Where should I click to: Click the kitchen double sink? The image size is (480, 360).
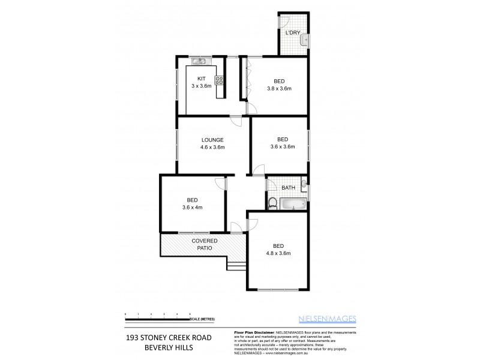coord(199,61)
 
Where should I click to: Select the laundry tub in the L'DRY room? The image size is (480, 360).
coord(304,41)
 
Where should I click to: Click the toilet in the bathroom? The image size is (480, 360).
coord(272,202)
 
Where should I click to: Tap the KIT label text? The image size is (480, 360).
coord(202,78)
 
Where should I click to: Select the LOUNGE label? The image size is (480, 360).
coord(212,140)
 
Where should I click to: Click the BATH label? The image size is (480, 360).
coord(289,188)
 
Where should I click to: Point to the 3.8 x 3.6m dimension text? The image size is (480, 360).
coord(279,88)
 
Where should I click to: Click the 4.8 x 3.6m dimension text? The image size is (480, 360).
coord(278,253)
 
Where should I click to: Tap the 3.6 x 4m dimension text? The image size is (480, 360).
coord(193,208)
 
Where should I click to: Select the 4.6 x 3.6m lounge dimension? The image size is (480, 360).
coord(212,147)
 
